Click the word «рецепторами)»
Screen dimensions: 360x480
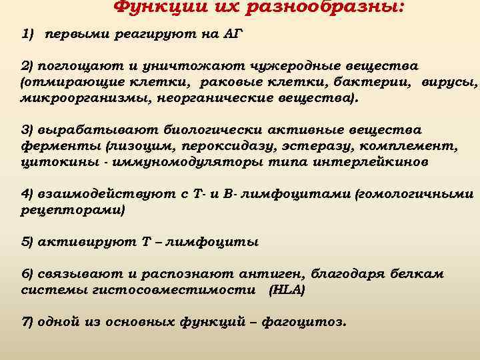pos(73,210)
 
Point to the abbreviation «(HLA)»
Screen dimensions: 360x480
pos(287,290)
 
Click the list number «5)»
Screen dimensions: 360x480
pos(28,242)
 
